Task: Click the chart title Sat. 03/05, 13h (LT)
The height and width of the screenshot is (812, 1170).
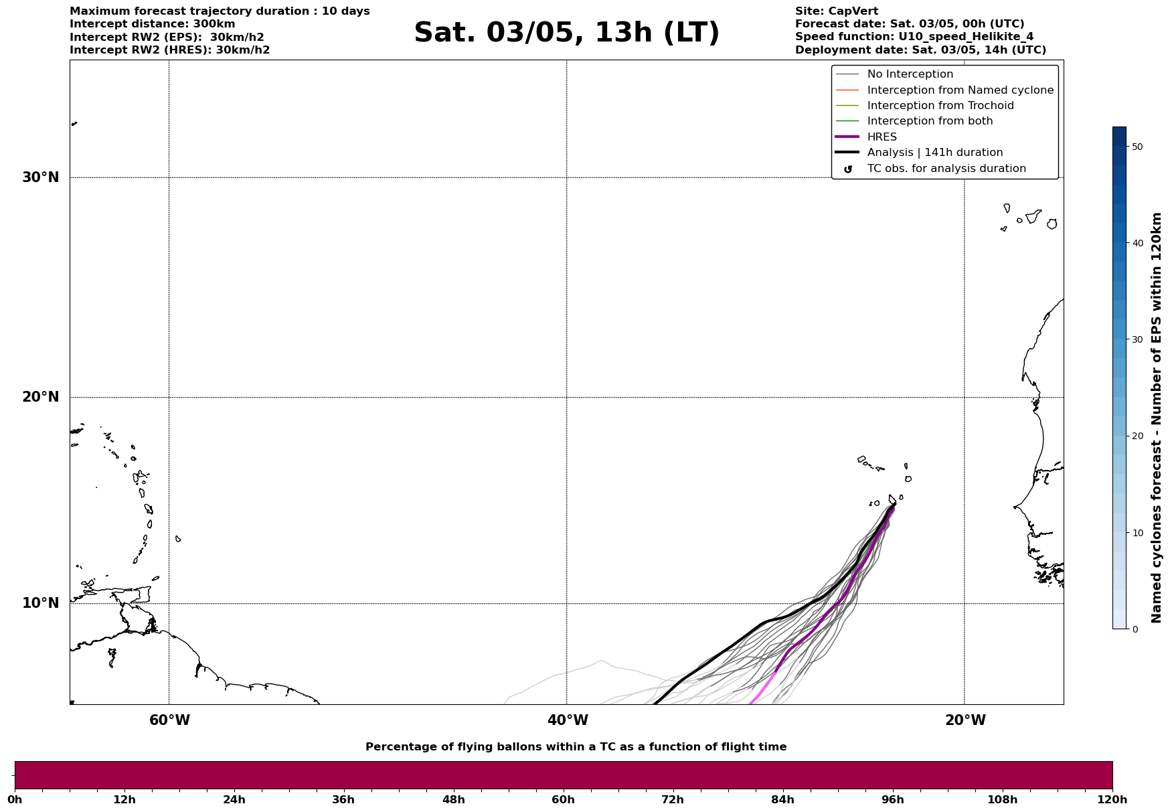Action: pos(566,33)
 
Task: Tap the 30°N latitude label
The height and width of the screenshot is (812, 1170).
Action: pos(41,177)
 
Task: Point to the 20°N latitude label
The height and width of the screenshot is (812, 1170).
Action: pos(41,397)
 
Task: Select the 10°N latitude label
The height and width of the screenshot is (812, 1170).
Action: pos(41,603)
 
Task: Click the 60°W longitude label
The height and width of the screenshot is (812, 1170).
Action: pos(169,720)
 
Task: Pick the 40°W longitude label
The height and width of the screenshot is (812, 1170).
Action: pos(568,720)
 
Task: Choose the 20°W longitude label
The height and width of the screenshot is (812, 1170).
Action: pos(965,720)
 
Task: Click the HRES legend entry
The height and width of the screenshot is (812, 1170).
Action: pos(882,137)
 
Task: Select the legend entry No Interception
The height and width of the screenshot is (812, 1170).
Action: pos(910,74)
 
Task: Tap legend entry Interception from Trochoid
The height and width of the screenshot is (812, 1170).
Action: pos(940,106)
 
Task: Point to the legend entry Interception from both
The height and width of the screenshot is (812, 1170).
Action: pos(930,121)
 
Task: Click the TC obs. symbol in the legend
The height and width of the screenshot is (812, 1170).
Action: pos(847,169)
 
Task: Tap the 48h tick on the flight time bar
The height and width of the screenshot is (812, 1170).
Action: pos(454,799)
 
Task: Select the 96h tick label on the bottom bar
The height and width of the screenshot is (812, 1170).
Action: pos(893,799)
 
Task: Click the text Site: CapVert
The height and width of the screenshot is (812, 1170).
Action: pos(837,11)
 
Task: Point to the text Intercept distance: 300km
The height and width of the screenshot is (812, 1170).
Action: pos(153,24)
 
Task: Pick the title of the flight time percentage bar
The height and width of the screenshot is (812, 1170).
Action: pos(576,747)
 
